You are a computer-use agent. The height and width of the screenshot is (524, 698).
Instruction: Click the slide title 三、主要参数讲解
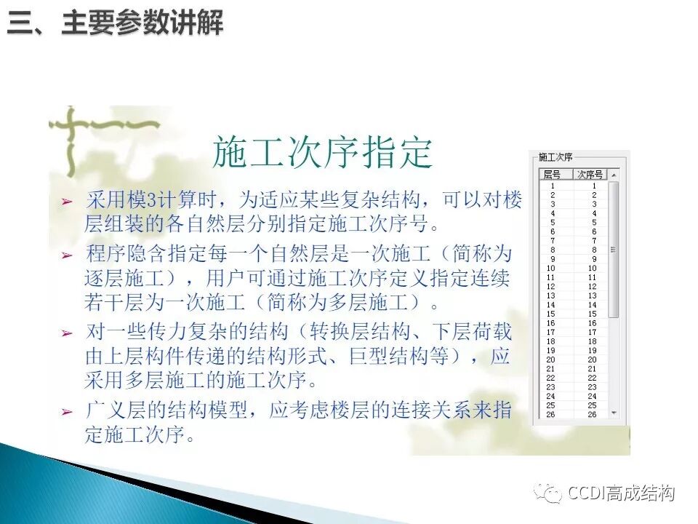[x=115, y=24]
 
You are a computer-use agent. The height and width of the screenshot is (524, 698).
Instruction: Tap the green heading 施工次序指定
[x=322, y=154]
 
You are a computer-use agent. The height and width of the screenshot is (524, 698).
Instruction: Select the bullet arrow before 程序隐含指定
[x=68, y=255]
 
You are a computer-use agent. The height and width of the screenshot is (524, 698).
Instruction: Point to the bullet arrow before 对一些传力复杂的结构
[x=68, y=334]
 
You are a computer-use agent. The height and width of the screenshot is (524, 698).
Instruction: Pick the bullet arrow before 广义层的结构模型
[x=68, y=412]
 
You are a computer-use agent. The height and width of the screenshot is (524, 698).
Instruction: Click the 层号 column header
[x=553, y=175]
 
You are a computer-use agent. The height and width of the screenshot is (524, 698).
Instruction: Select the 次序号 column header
[x=590, y=175]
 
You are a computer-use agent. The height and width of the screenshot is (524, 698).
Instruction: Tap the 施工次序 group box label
[x=555, y=157]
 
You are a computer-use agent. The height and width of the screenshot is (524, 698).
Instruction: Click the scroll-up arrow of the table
[x=614, y=175]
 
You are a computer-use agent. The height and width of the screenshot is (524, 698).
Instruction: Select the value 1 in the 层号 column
[x=553, y=186]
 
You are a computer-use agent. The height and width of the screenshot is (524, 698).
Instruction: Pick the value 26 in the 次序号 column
[x=592, y=414]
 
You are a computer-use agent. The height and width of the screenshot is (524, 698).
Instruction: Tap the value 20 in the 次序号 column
[x=592, y=360]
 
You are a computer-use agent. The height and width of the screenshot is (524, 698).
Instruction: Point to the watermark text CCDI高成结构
[x=622, y=493]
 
